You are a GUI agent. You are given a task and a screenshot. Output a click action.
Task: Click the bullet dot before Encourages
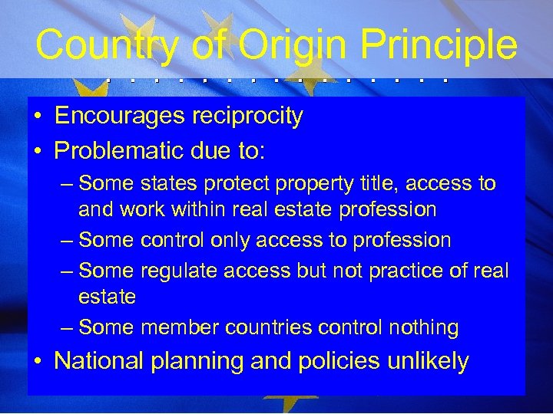pos(38,117)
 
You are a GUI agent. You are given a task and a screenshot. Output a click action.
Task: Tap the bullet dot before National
pos(38,360)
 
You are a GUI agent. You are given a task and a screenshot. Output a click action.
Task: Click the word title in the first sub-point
pos(374,184)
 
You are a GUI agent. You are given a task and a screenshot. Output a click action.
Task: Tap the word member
pos(181,328)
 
